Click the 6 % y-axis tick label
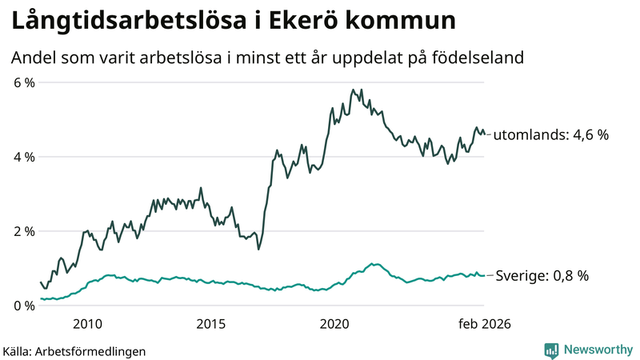23,82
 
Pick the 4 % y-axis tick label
23,157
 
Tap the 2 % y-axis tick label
23,231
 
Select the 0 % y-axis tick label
23,306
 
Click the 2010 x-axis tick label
87,324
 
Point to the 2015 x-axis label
211,324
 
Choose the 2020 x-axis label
335,324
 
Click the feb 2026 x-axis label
483,324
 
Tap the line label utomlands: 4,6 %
551,135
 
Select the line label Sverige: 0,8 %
542,275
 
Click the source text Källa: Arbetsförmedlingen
74,350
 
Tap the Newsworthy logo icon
551,350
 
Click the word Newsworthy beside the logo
598,350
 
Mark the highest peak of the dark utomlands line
353,90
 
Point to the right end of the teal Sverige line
484,275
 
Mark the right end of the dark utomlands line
484,134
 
